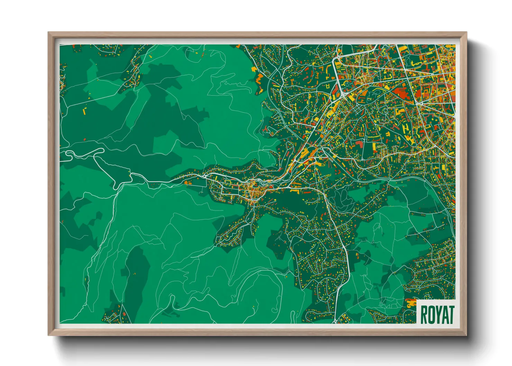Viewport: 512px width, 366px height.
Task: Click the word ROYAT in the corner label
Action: pos(437,314)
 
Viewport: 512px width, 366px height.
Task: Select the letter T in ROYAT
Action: pos(450,314)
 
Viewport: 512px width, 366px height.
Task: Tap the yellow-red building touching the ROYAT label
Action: pos(411,304)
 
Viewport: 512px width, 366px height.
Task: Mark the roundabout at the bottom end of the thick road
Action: pos(335,321)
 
